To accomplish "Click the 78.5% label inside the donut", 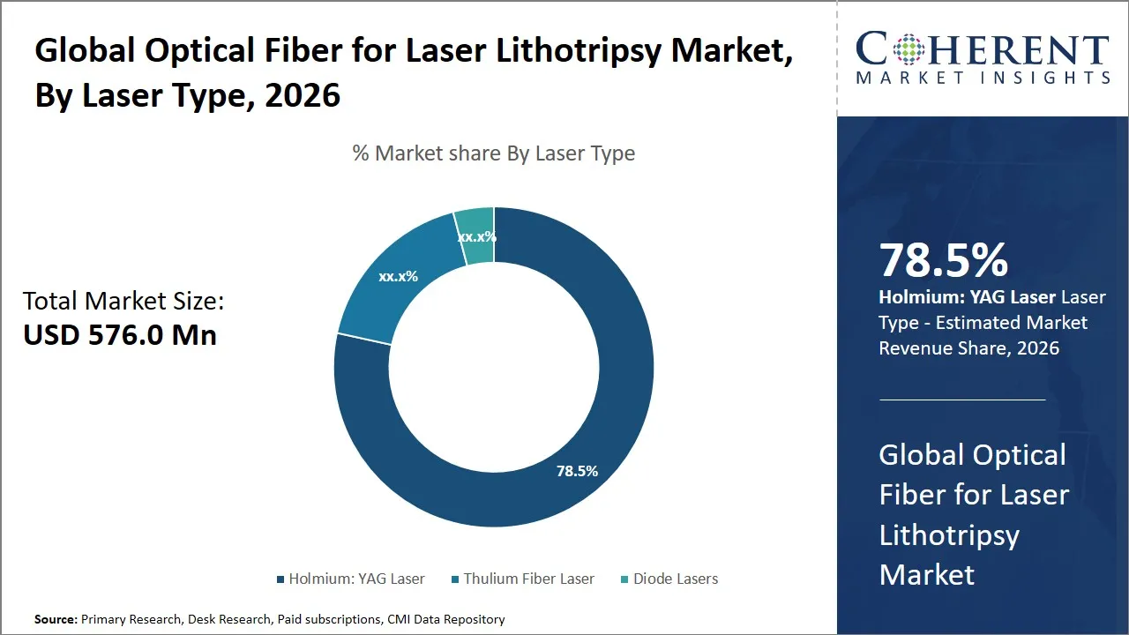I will click(577, 471).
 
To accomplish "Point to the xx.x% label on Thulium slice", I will click(398, 276).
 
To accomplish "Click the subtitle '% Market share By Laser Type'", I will click(493, 153).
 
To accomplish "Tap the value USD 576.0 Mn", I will click(120, 335).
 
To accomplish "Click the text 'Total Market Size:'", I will click(123, 302).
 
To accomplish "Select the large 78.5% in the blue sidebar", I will click(943, 260).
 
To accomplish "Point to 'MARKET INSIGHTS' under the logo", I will click(983, 78).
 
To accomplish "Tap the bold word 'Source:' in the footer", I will click(56, 619).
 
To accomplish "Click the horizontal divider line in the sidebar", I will click(961, 400).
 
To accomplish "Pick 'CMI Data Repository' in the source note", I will click(445, 619).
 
